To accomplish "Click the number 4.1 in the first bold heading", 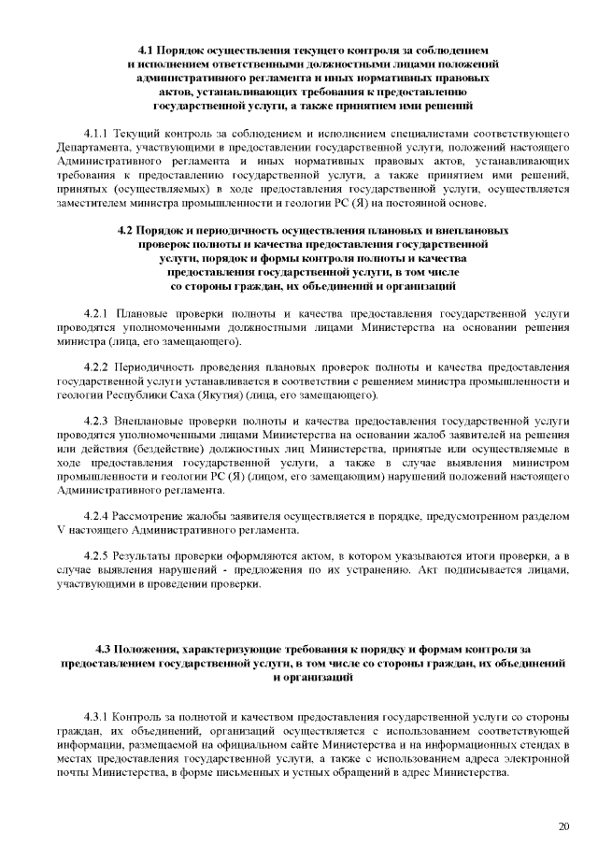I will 146,48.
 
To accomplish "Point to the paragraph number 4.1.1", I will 98,133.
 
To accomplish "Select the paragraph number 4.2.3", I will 98,422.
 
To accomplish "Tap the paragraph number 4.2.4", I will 98,516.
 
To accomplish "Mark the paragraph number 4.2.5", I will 98,557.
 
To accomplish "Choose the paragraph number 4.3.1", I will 98,718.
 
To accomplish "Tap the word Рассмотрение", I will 160,516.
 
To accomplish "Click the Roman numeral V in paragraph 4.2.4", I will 62,531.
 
